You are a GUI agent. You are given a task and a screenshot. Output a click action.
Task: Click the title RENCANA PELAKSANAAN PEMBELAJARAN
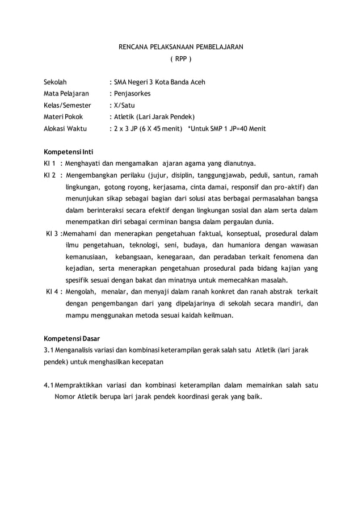(x=180, y=47)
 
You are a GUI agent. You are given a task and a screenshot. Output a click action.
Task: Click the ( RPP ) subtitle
(x=181, y=59)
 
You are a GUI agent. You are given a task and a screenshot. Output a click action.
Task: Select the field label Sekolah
(x=55, y=82)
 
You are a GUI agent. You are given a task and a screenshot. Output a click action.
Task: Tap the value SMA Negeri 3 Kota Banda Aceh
(x=159, y=82)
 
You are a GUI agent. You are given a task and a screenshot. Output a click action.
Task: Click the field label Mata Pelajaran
(x=66, y=94)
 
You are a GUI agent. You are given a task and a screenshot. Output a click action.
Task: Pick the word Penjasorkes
(x=133, y=94)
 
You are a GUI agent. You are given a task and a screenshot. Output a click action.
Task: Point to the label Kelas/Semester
(x=68, y=105)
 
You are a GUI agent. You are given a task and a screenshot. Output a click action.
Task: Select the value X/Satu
(x=124, y=105)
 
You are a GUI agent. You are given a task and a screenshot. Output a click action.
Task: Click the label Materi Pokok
(x=63, y=117)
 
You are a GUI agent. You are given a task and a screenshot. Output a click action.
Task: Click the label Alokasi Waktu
(x=65, y=128)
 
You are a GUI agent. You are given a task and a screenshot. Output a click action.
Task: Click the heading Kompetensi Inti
(x=69, y=152)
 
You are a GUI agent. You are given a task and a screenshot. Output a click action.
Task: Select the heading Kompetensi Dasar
(x=72, y=339)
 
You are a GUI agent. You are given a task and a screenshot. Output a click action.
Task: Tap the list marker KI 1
(x=49, y=163)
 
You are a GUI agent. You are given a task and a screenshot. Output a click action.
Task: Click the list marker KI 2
(x=49, y=175)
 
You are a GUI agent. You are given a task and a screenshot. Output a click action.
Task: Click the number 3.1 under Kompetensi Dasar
(x=49, y=351)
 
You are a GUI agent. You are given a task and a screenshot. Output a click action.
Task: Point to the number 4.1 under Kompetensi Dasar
(x=49, y=386)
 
